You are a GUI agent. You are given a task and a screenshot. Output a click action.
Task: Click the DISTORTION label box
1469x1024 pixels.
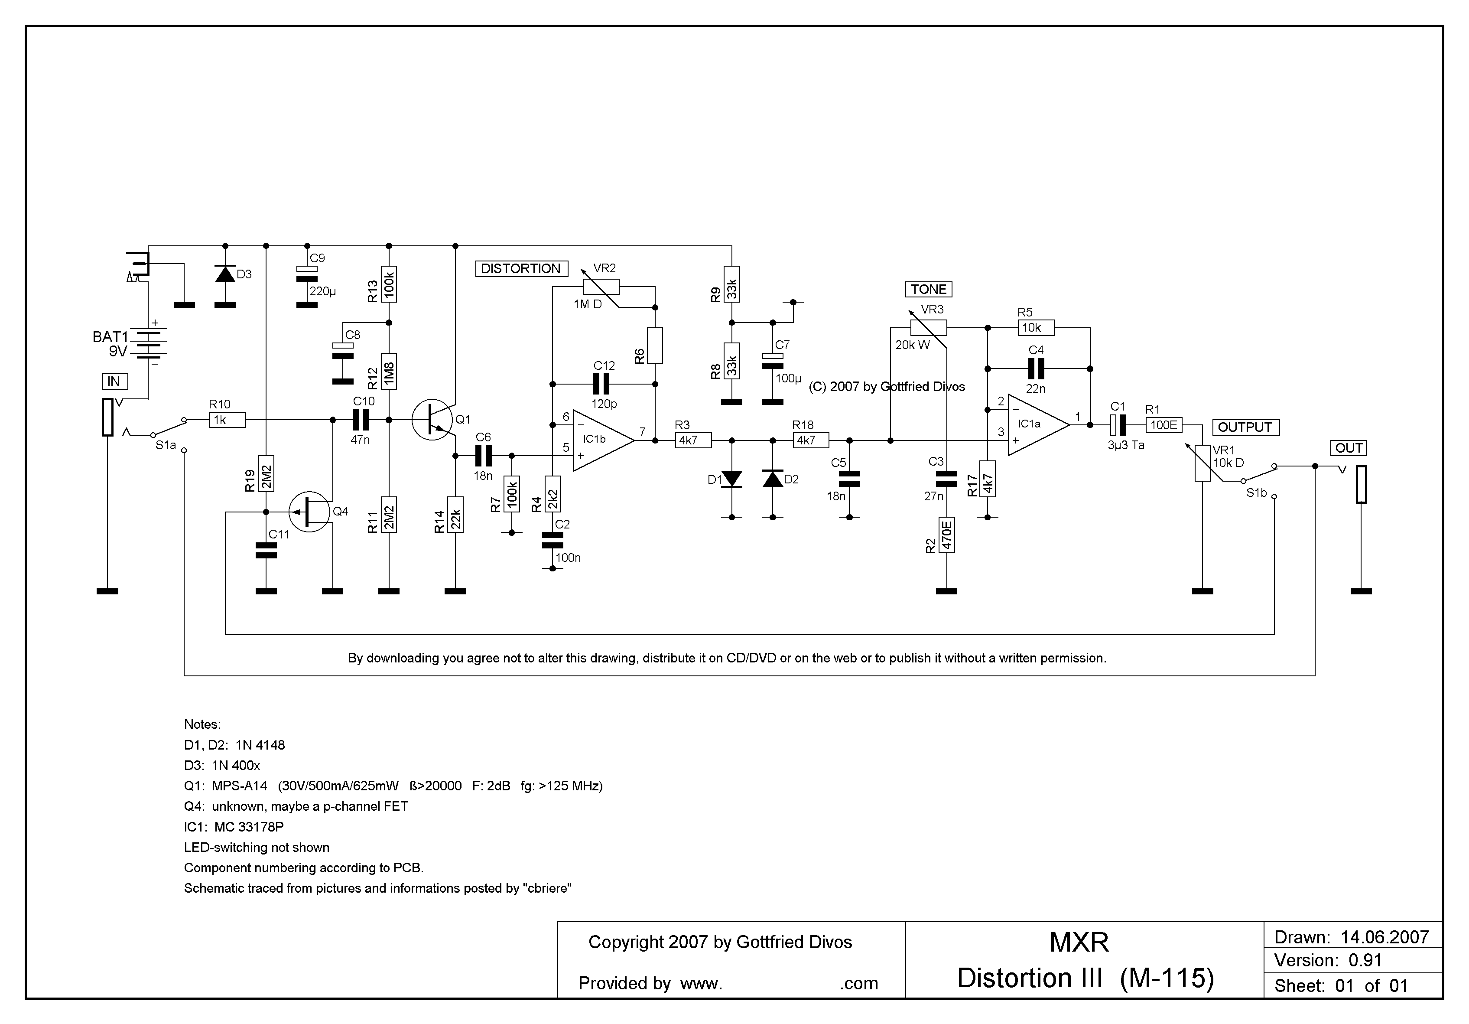(x=521, y=269)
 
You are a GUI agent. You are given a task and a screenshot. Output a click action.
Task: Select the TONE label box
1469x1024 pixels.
(x=928, y=289)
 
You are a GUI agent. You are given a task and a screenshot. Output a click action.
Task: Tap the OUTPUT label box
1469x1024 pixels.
(x=1245, y=427)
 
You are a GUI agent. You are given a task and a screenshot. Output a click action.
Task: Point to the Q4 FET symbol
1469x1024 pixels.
(x=310, y=512)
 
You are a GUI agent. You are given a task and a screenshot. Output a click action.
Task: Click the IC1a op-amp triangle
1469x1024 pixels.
(x=1035, y=424)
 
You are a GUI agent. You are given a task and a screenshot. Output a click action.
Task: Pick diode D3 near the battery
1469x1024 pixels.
(x=224, y=274)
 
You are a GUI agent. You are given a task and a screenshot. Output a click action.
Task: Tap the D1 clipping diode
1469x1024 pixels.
(x=731, y=479)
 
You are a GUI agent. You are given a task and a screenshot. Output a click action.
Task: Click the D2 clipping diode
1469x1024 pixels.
(x=773, y=479)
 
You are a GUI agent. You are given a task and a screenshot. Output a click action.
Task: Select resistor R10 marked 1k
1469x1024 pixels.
(x=227, y=420)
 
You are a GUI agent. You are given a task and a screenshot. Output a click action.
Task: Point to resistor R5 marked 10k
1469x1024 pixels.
(x=1035, y=328)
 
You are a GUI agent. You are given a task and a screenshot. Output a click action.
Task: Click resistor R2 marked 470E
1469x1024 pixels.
(x=946, y=535)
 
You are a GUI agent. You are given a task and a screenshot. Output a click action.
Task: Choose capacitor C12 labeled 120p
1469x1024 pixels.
(x=601, y=384)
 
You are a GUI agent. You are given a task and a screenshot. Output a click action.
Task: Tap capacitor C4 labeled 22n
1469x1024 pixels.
(x=1035, y=369)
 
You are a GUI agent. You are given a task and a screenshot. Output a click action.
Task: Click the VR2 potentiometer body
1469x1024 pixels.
(x=601, y=287)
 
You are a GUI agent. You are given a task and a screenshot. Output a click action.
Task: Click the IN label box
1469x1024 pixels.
(x=114, y=382)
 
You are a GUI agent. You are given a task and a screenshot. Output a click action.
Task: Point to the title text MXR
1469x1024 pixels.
(x=1079, y=942)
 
